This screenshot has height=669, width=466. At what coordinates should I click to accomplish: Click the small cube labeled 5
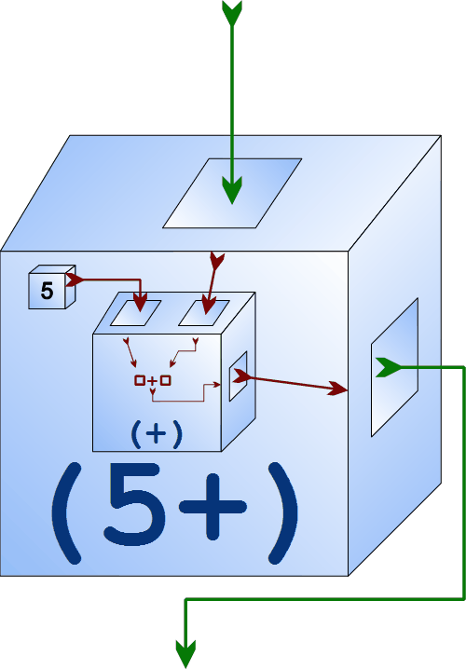51,287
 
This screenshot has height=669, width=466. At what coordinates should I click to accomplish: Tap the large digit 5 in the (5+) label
135,504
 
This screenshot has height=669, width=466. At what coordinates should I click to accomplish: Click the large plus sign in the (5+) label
212,507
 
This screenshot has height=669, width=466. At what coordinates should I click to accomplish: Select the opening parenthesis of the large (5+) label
67,512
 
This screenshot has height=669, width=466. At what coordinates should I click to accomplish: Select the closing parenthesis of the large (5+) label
282,512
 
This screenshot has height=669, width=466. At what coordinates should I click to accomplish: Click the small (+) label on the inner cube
157,434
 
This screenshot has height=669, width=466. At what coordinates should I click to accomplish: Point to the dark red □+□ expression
152,380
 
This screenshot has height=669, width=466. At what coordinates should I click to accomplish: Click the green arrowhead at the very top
232,13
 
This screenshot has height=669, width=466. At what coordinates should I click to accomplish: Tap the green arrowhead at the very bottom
185,654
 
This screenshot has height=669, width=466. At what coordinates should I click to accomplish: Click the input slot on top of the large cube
232,193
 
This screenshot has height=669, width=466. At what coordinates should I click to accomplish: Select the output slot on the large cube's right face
394,367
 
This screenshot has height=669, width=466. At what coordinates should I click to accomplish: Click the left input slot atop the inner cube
135,313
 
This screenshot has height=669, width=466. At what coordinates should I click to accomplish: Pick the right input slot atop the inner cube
203,313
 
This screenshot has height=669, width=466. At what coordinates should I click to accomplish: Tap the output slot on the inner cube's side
238,376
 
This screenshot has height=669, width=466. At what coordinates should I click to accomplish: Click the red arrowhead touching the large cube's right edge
338,389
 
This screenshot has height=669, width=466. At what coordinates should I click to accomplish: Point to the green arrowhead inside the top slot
232,190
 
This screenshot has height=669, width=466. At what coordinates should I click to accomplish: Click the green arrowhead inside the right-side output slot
388,367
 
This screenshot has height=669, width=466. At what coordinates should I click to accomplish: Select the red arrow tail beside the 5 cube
75,280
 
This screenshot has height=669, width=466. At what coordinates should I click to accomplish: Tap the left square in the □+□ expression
140,380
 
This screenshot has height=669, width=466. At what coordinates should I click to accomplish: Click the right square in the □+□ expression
166,380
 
